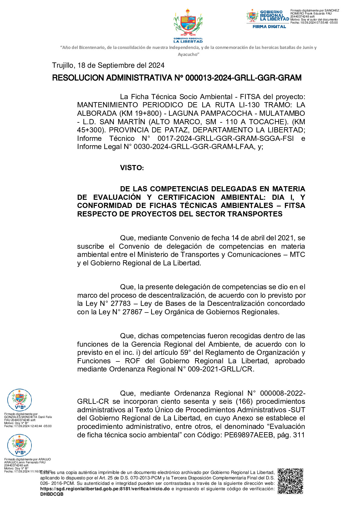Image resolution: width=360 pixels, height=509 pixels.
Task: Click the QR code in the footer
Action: pos(290,481)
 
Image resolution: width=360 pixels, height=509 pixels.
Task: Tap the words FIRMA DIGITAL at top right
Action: pos(269,27)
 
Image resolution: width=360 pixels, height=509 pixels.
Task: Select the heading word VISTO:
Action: pos(132,168)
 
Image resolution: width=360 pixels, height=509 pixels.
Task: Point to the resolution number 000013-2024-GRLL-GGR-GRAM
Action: pos(243,78)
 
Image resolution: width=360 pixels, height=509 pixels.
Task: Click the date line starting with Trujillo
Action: pos(108,65)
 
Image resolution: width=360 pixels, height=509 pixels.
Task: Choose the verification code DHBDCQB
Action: pos(52,494)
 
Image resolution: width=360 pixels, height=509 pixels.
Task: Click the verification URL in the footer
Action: pos(105,489)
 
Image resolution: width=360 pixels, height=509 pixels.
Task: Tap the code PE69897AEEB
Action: pos(248,435)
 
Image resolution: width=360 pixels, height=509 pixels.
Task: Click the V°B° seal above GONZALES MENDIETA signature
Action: pos(19,400)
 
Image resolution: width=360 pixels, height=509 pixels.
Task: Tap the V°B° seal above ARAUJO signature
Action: pos(19,445)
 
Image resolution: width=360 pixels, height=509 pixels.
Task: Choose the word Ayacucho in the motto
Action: pos(188,54)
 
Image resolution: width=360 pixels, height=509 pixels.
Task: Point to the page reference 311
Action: pos(299,435)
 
